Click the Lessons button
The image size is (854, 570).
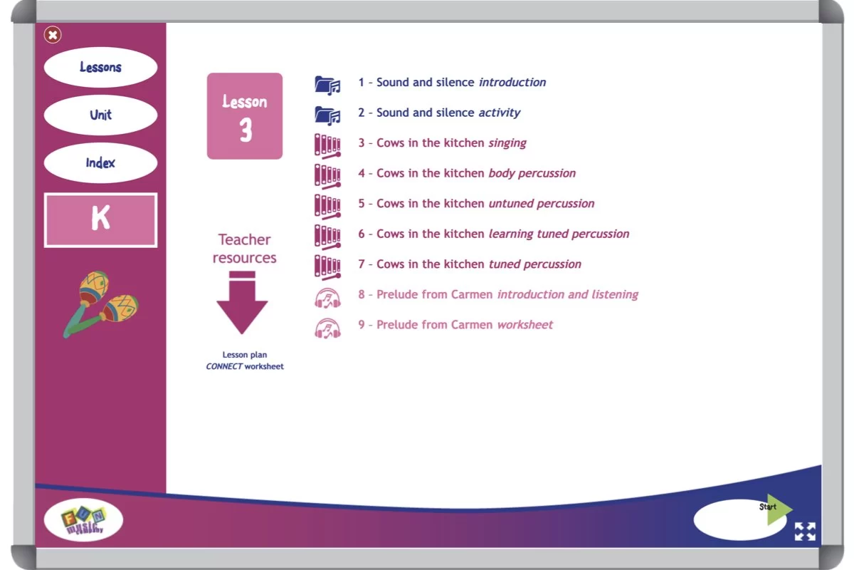(100, 68)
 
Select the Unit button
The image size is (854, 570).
(100, 115)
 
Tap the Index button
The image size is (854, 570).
(100, 163)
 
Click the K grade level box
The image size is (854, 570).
(100, 220)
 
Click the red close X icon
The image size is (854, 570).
(53, 34)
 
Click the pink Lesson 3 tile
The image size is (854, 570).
(244, 116)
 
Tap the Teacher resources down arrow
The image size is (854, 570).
(242, 302)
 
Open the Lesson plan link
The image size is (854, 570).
(245, 355)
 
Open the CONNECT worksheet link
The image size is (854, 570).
(245, 366)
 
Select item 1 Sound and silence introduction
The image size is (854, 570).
(452, 83)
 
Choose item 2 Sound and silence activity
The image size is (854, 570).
(439, 113)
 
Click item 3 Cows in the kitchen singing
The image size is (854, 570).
(442, 143)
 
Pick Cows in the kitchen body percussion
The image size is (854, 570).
(467, 173)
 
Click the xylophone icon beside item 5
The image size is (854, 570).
(327, 204)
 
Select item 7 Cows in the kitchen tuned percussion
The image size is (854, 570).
(470, 264)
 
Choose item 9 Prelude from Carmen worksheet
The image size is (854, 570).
(455, 325)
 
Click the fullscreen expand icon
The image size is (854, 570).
(805, 532)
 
